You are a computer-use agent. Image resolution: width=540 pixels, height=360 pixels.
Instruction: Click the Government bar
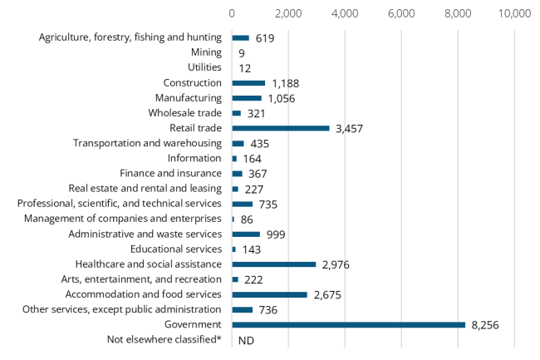[x=348, y=325]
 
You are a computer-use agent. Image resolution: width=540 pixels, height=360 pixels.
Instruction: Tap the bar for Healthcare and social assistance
[x=274, y=264]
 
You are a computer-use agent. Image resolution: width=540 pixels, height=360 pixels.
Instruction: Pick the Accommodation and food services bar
[x=269, y=294]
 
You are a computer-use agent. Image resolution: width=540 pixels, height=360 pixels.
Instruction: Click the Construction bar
[x=248, y=83]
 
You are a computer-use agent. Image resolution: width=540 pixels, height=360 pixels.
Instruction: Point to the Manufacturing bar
[x=247, y=98]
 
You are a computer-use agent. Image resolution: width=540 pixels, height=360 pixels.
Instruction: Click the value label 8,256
[x=490, y=325]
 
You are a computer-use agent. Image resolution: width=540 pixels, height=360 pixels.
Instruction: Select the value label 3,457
[x=348, y=129]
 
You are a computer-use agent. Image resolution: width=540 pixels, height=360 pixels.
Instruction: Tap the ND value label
[x=246, y=341]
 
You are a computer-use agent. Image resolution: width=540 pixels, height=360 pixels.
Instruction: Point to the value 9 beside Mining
[x=242, y=53]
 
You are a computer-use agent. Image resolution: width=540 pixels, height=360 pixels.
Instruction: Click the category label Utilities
[x=204, y=67]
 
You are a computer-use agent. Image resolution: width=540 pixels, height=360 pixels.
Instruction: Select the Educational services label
[x=176, y=249]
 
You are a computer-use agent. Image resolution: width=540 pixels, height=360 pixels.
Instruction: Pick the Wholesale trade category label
[x=184, y=113]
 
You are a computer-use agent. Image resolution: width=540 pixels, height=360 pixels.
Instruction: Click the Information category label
[x=194, y=158]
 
